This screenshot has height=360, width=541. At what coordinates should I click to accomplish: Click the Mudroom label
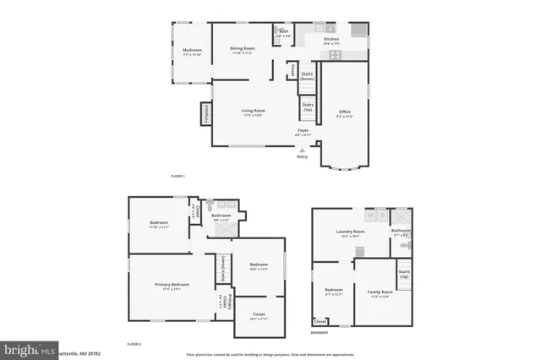(193, 51)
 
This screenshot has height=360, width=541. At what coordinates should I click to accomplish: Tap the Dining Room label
(243, 49)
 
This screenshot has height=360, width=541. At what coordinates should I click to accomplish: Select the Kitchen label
(331, 39)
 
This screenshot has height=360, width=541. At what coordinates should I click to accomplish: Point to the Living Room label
(253, 112)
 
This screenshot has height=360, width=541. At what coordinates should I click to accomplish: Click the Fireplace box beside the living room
(205, 114)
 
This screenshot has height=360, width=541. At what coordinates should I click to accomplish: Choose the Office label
(344, 112)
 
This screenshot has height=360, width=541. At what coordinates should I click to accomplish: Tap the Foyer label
(303, 131)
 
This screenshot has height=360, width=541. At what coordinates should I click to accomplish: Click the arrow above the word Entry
(303, 149)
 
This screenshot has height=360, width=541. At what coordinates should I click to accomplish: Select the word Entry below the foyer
(303, 156)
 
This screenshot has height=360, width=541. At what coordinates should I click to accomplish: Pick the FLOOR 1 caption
(178, 176)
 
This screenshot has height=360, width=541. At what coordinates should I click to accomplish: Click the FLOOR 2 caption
(134, 344)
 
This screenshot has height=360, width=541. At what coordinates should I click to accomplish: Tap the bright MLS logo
(25, 350)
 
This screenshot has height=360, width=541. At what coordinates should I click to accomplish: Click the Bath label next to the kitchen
(284, 32)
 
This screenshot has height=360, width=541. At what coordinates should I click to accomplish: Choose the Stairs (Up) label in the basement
(404, 275)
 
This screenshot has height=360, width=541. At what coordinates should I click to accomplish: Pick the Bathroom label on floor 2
(221, 215)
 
